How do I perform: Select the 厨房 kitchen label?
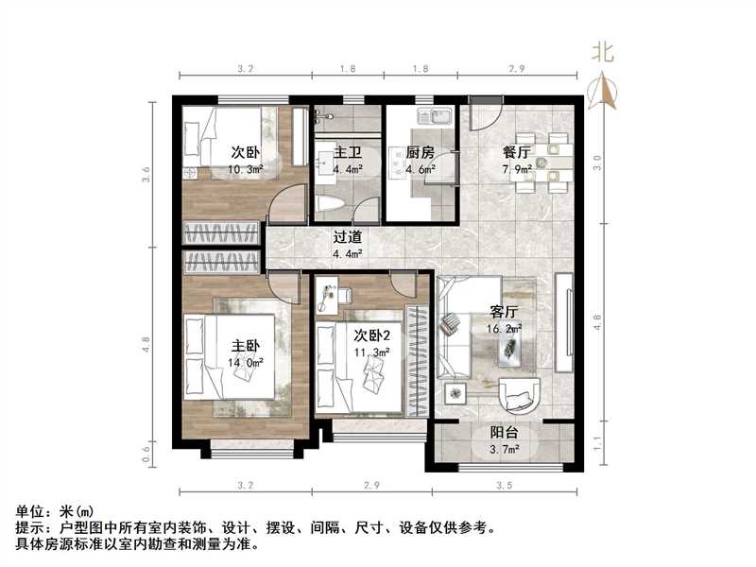421,152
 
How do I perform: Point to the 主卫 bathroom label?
332,152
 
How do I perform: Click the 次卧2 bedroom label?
372,335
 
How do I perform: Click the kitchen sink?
438,119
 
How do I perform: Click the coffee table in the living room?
514,350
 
